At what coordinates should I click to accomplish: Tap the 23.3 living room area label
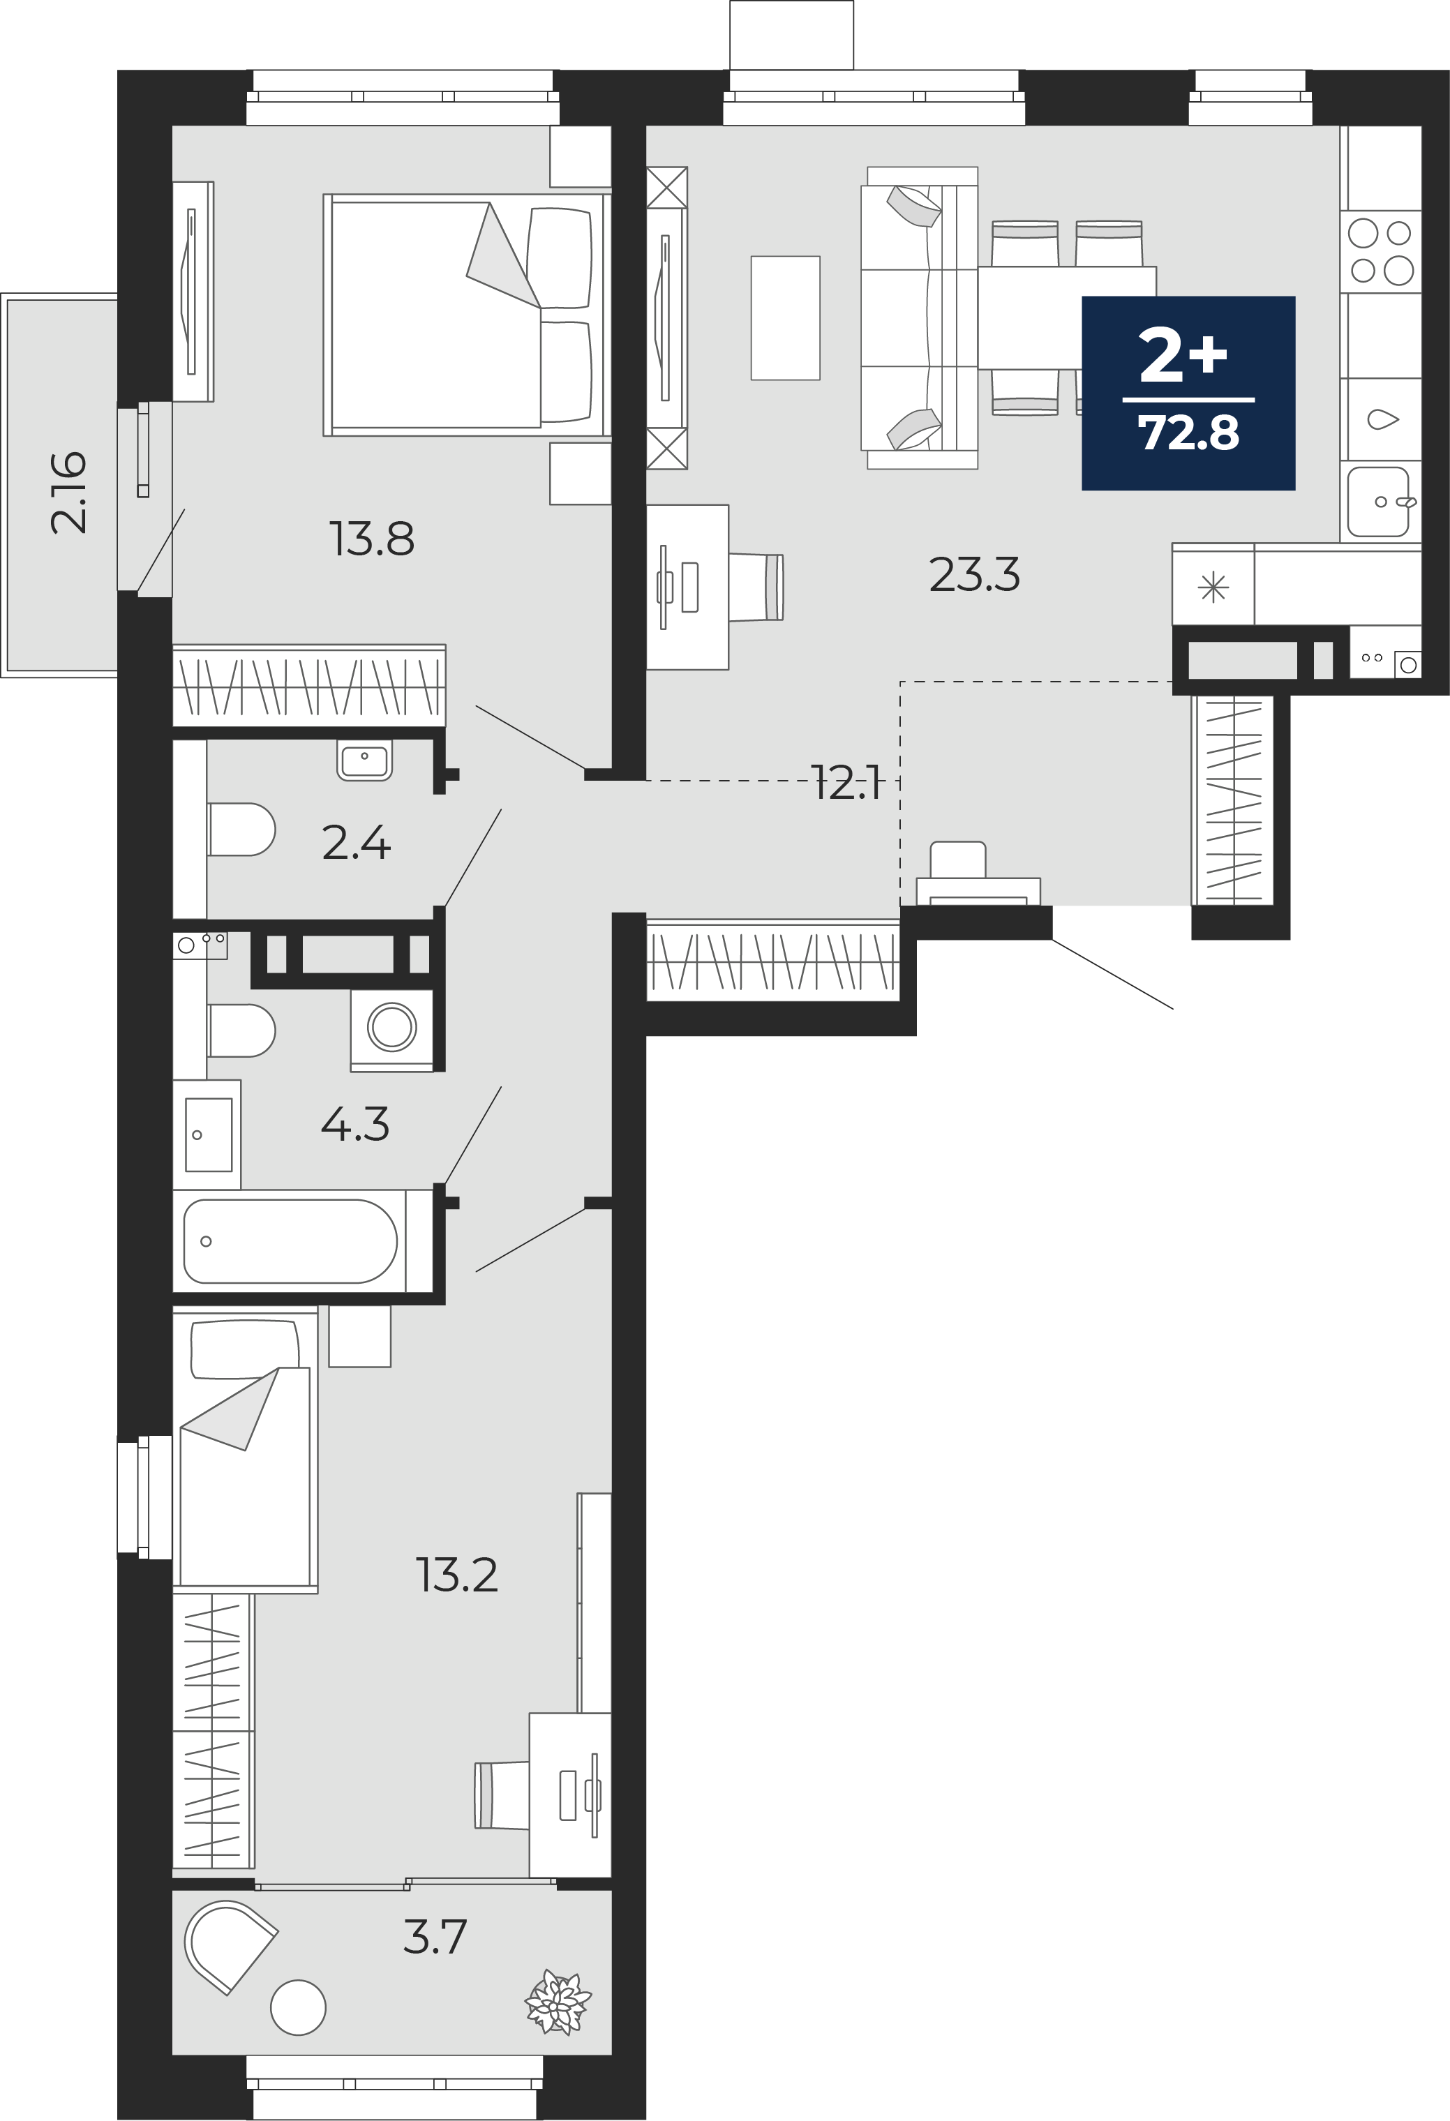[975, 575]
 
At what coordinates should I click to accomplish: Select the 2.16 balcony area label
[69, 492]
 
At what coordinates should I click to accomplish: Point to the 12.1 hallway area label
[847, 783]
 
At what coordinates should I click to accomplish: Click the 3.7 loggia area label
[435, 1937]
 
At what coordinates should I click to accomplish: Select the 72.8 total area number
[1188, 433]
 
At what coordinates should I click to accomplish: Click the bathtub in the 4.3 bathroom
[290, 1241]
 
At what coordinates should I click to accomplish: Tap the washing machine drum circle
[392, 1027]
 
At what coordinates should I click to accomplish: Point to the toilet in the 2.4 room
[241, 829]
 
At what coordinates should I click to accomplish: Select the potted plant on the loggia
[558, 2002]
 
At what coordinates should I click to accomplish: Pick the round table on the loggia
[299, 2008]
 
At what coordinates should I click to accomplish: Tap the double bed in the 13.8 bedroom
[466, 315]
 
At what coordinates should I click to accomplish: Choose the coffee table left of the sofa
[786, 317]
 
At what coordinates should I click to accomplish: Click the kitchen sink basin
[1379, 502]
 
